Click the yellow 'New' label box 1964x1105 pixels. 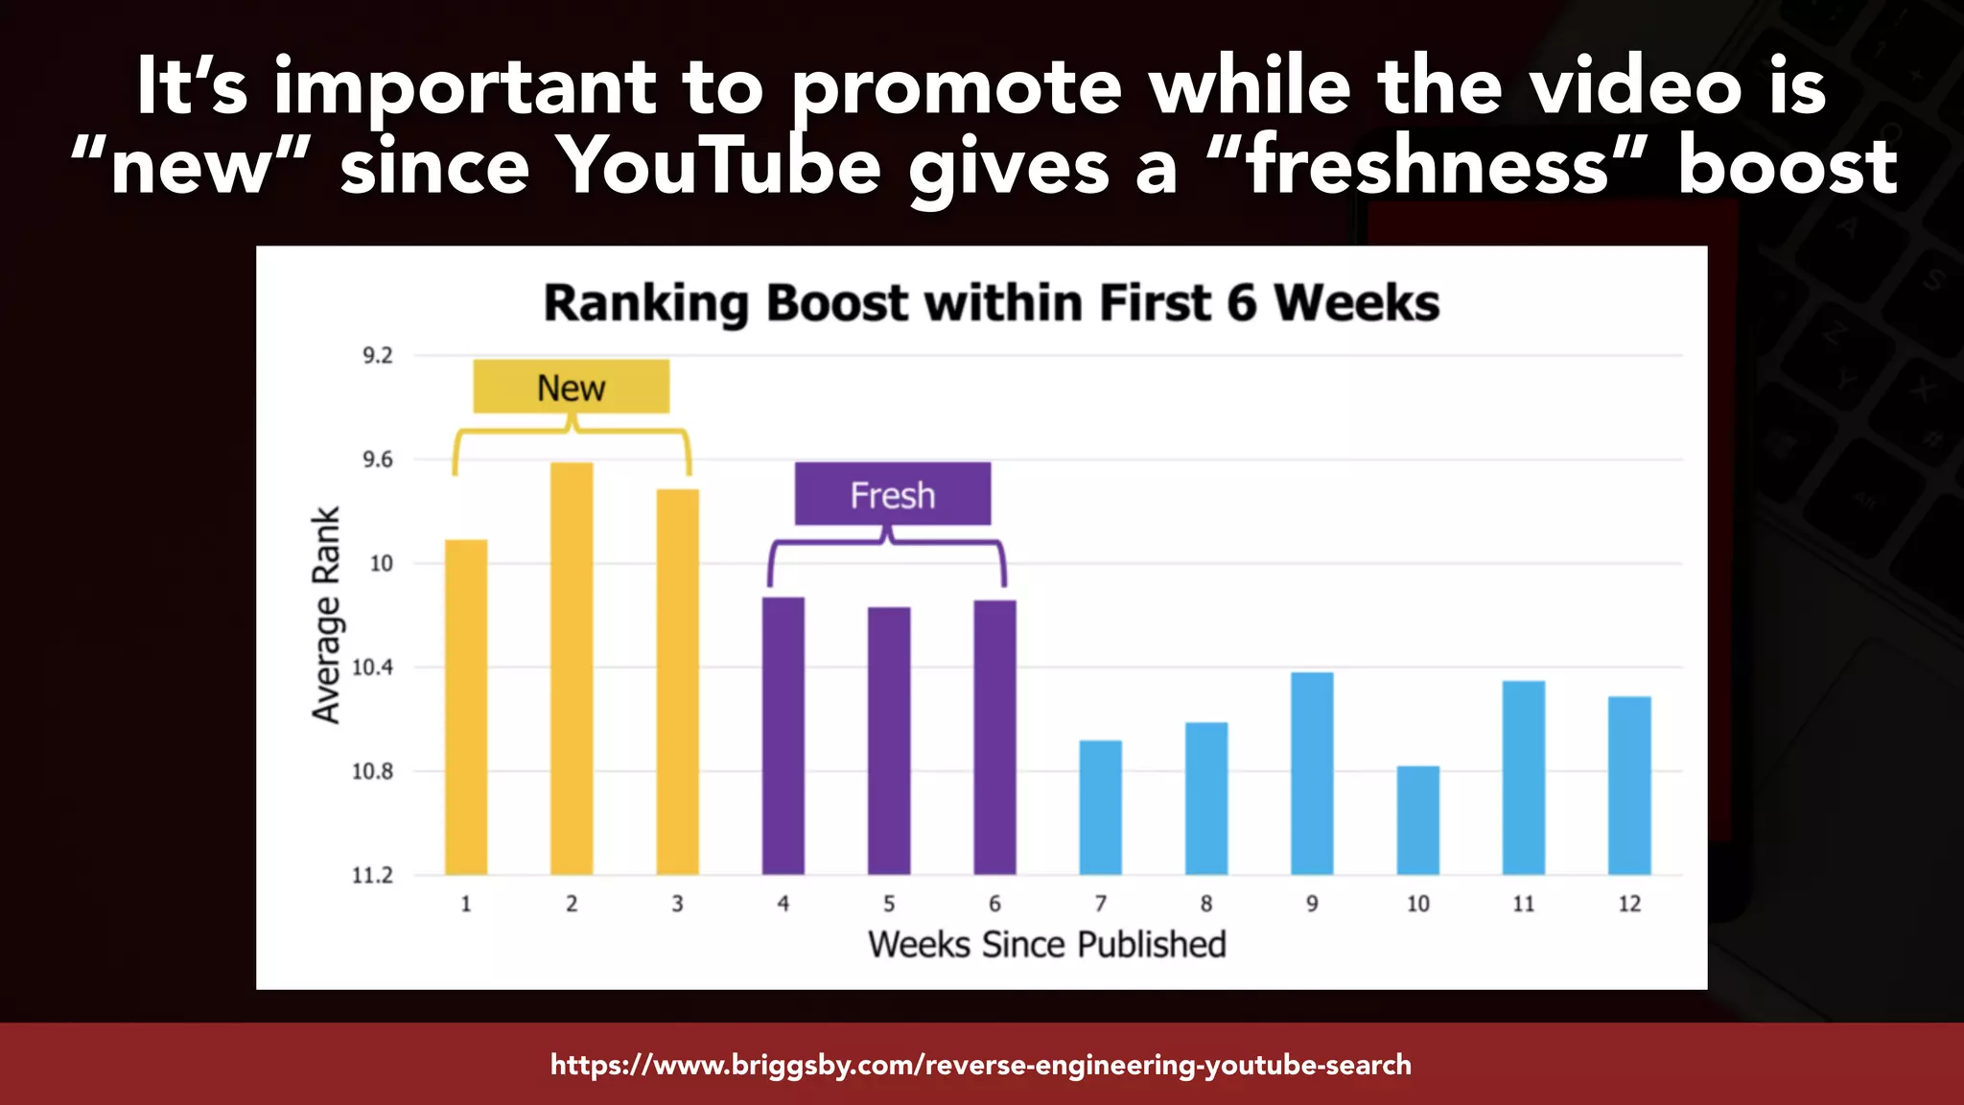click(x=572, y=388)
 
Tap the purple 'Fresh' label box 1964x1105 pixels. click(x=892, y=495)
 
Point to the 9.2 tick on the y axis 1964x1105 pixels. click(x=377, y=356)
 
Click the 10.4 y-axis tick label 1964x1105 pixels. click(x=372, y=667)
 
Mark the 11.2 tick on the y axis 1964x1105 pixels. click(x=372, y=875)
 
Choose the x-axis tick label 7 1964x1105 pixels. click(x=1101, y=904)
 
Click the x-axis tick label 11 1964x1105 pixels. click(x=1523, y=904)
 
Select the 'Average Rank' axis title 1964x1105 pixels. click(x=326, y=615)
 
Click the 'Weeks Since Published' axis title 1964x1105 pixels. click(x=1046, y=945)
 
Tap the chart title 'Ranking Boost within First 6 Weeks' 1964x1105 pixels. click(x=991, y=303)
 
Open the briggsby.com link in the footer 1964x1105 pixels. click(x=980, y=1065)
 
